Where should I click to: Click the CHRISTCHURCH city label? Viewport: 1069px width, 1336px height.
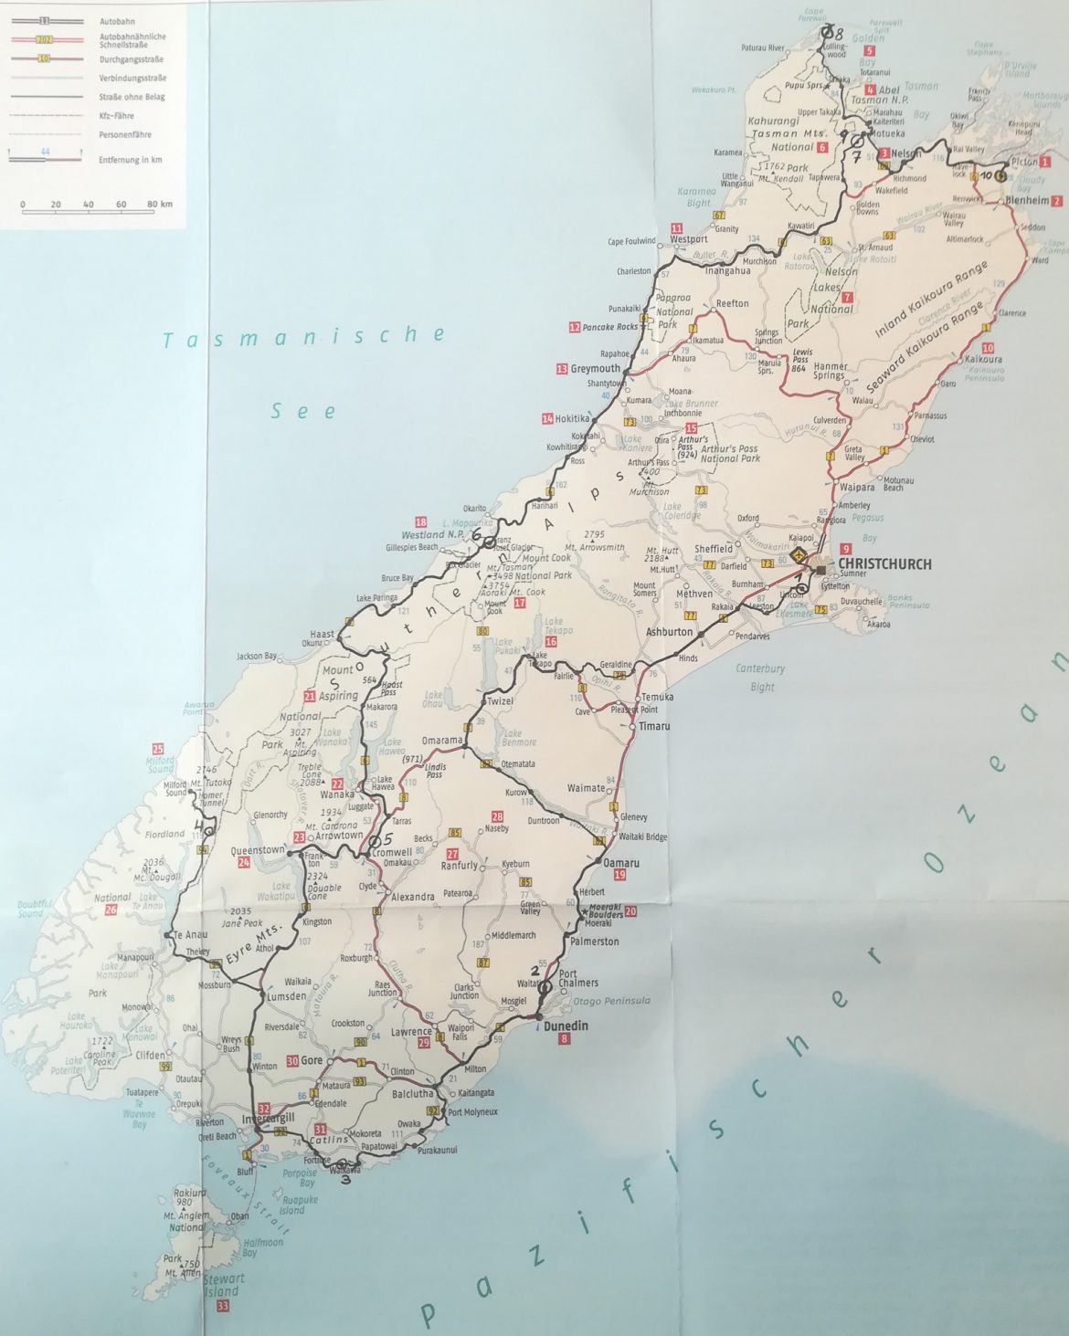(x=884, y=564)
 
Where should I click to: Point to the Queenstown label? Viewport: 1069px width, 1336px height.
(x=260, y=848)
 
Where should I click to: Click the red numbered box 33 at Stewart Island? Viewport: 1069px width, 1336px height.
(x=223, y=1307)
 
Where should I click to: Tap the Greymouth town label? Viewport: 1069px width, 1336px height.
(x=595, y=370)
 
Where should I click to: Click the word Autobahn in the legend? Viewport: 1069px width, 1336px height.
(x=114, y=19)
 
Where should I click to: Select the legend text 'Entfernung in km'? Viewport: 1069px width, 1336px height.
(x=132, y=160)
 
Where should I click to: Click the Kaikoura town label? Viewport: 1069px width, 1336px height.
(x=983, y=360)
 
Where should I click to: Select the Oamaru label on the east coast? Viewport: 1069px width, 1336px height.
(x=621, y=862)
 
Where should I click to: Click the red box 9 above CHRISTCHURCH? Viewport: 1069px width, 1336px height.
(x=846, y=548)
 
